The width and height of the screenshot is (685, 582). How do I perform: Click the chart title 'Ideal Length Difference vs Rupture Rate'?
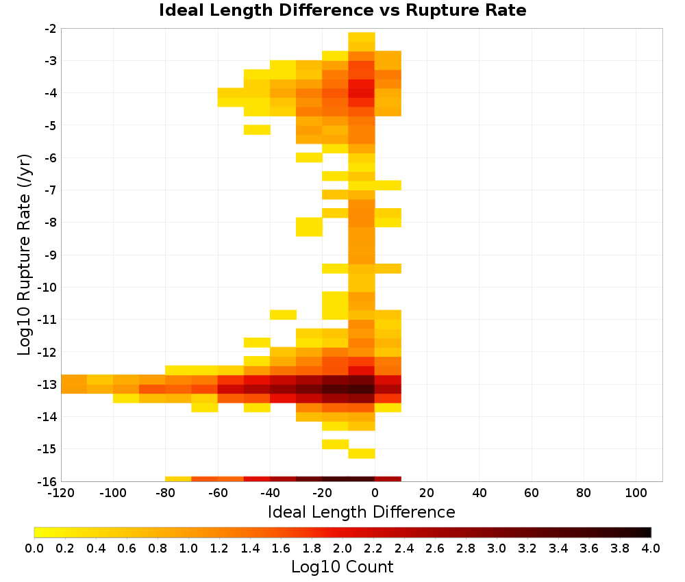coord(342,10)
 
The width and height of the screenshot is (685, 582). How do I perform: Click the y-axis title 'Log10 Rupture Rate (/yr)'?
coord(24,255)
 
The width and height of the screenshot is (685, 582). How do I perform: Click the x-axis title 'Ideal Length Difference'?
coord(361,511)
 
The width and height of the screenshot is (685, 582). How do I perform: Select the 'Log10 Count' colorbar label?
coord(342,567)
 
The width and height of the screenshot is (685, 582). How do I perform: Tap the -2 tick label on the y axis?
coord(50,29)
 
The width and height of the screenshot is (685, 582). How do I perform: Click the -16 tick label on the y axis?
coord(47,481)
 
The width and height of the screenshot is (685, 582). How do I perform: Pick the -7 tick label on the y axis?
coord(50,190)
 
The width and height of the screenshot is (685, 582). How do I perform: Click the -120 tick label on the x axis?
coord(61,494)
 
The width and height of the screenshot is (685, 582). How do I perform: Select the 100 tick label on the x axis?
coord(636,494)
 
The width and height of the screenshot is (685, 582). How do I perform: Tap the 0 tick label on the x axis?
coord(375,494)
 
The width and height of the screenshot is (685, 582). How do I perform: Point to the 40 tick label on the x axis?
coord(480,494)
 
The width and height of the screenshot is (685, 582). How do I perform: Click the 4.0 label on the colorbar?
coord(651,548)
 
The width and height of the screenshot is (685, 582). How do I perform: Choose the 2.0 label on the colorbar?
coord(342,548)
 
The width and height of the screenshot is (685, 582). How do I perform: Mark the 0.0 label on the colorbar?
coord(34,548)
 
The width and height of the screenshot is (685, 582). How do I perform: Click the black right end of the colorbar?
coord(649,532)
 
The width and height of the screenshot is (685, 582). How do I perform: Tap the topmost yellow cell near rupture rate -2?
coord(362,37)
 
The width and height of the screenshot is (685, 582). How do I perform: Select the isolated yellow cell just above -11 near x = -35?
coord(283,314)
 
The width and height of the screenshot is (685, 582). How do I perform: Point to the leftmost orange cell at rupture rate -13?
coord(74,384)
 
